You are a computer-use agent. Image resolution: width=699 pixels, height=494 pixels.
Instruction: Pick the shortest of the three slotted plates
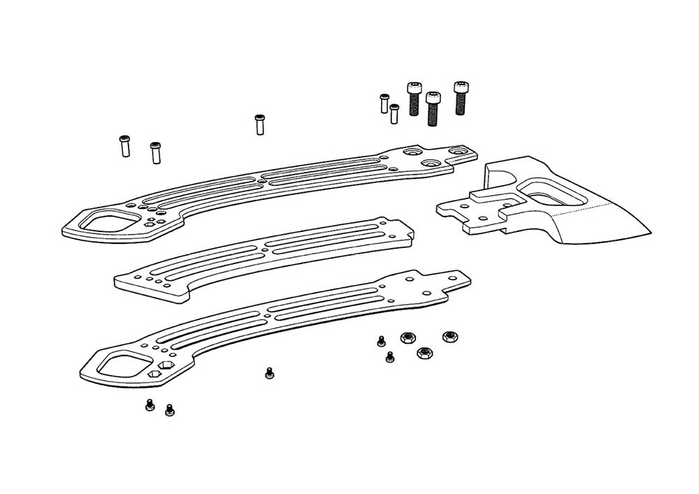click(266, 259)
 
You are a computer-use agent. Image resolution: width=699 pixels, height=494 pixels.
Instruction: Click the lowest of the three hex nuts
click(424, 352)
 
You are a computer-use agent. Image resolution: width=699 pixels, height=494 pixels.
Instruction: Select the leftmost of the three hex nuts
click(406, 337)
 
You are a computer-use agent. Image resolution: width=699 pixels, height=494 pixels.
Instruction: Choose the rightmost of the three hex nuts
click(449, 337)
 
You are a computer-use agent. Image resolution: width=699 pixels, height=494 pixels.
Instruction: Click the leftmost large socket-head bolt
click(414, 99)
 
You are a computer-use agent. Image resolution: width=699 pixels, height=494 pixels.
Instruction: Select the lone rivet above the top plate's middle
click(259, 124)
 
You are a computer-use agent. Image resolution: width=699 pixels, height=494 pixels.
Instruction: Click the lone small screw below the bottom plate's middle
click(270, 374)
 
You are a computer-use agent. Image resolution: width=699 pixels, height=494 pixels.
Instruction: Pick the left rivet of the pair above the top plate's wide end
click(125, 146)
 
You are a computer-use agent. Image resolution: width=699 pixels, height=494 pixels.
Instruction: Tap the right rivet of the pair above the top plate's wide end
click(155, 152)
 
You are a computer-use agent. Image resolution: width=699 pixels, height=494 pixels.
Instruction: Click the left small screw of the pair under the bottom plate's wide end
click(150, 405)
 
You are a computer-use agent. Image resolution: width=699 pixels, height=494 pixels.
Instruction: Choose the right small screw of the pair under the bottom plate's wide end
click(169, 410)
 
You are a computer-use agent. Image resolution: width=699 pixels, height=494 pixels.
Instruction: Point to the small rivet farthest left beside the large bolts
click(384, 103)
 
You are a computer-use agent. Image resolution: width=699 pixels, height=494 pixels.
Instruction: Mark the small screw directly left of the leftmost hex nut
click(381, 342)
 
